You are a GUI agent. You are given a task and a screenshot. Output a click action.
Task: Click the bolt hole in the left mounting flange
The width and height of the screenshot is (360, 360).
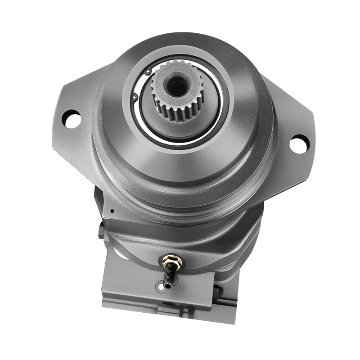[x=71, y=118]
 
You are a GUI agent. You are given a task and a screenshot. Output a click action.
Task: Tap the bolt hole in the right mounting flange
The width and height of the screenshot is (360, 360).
[x=298, y=144]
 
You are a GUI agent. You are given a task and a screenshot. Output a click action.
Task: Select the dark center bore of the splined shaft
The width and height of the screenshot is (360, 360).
[x=176, y=86]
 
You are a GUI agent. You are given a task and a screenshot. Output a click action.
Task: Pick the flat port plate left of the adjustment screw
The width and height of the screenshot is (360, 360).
[x=130, y=279]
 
